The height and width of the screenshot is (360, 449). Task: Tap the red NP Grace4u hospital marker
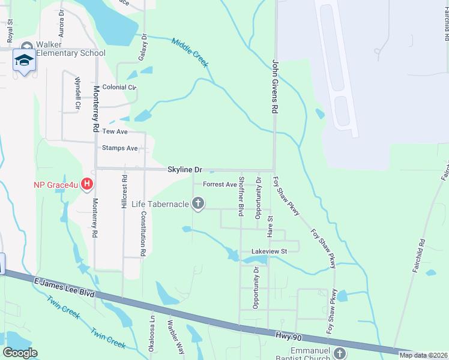[x=88, y=183]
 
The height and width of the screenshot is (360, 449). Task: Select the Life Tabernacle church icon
[x=198, y=204]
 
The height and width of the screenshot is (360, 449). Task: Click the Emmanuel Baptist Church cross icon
[x=340, y=353]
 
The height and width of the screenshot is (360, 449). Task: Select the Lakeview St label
[x=267, y=250]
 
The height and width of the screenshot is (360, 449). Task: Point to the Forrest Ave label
[x=220, y=184]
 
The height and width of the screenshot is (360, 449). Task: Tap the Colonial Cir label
[x=120, y=87]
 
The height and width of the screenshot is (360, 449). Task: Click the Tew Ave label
[x=115, y=131]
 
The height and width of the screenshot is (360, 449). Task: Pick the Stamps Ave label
[x=120, y=148]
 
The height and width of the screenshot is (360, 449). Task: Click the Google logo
[x=20, y=353]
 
